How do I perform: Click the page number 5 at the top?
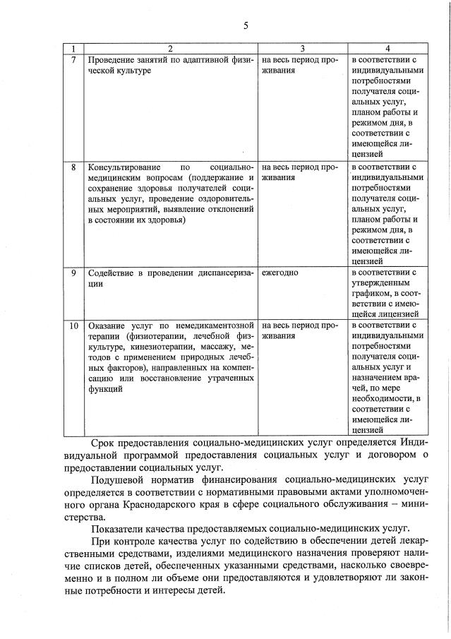(x=246, y=26)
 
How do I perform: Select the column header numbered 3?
(x=302, y=49)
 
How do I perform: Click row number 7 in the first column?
(x=75, y=60)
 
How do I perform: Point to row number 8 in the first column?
(x=75, y=168)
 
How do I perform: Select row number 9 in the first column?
(x=75, y=273)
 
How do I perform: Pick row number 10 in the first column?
(x=75, y=326)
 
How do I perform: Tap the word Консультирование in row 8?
(x=122, y=168)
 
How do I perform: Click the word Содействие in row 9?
(x=111, y=273)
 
